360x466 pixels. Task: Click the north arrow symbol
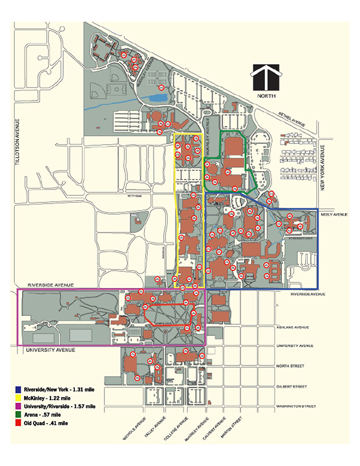pyautogui.click(x=265, y=77)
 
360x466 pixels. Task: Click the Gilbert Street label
pyautogui.click(x=293, y=386)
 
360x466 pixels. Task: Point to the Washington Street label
pyautogui.click(x=297, y=407)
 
